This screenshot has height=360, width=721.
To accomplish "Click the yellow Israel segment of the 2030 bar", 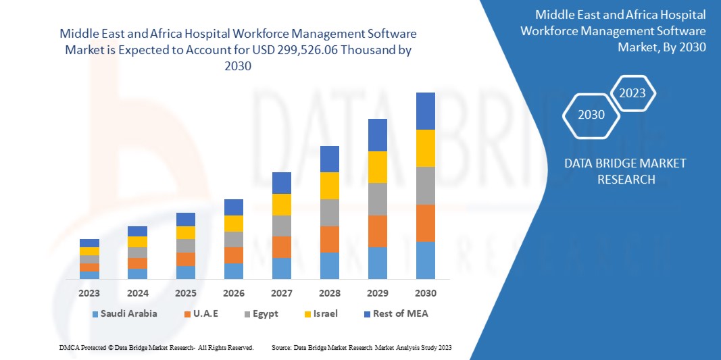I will [x=425, y=148].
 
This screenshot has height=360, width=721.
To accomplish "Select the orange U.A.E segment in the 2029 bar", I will [x=377, y=231].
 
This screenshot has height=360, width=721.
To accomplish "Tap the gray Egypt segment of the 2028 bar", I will [x=329, y=212].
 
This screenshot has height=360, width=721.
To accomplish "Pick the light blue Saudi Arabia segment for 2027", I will [x=281, y=268].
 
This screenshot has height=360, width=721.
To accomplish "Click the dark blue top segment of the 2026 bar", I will [x=233, y=207].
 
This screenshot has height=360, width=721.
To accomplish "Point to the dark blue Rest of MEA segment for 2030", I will [x=425, y=111].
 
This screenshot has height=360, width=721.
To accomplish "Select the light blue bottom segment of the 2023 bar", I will [x=89, y=275].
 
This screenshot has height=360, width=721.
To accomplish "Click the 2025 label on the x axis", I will [x=185, y=293].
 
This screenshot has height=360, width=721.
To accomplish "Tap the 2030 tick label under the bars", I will [x=425, y=293].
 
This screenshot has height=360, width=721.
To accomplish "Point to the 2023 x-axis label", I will [x=89, y=293].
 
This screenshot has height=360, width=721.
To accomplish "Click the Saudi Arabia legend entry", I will [x=129, y=313].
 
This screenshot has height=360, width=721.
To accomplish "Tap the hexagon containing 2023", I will [x=632, y=93].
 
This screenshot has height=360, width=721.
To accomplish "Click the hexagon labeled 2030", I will [x=591, y=115].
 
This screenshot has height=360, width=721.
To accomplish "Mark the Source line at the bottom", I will [x=362, y=347].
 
